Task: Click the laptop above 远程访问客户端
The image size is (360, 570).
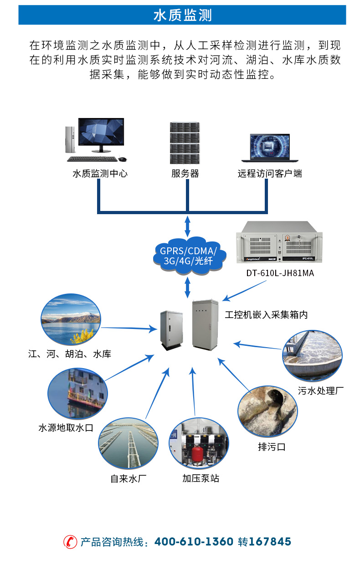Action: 266,147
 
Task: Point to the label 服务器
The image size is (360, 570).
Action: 185,174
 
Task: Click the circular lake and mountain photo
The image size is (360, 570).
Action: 70,319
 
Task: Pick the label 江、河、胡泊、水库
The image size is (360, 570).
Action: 69,354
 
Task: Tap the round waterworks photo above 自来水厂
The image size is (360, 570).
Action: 129,446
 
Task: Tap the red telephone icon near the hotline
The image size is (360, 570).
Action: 70,542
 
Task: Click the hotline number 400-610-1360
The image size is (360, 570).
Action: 194,542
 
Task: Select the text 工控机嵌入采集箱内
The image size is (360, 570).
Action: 266,314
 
